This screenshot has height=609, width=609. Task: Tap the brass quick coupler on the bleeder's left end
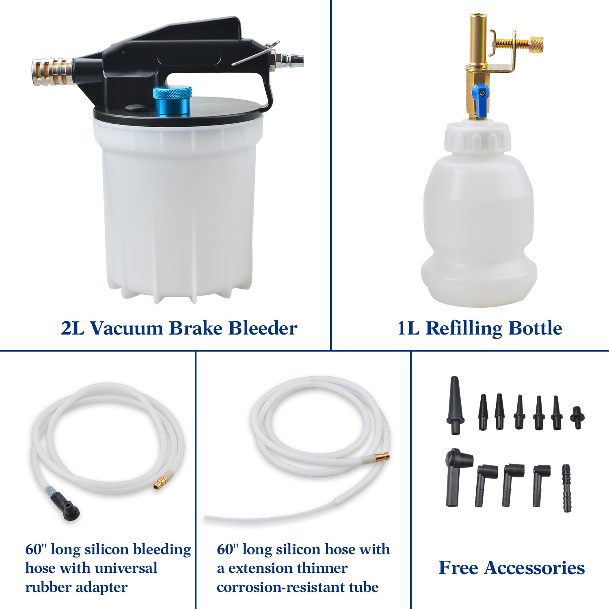[x=52, y=72]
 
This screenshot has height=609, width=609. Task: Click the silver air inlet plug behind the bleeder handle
[x=289, y=61]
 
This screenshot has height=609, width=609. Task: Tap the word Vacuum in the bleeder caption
[x=126, y=328]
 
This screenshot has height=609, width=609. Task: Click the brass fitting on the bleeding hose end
[x=161, y=483]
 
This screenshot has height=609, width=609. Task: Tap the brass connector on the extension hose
[x=382, y=457]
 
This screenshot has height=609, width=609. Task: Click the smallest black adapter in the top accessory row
[x=577, y=417]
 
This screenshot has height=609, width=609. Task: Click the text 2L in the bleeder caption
[x=73, y=328]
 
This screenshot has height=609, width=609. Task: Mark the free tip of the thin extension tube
[x=207, y=518]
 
